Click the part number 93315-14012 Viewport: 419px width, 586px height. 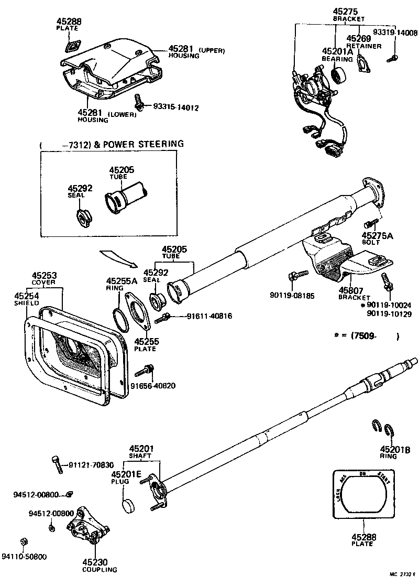(x=176, y=107)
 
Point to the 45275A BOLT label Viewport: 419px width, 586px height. (x=377, y=239)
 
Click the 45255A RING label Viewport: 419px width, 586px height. (x=122, y=284)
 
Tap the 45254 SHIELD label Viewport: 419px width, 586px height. (x=27, y=299)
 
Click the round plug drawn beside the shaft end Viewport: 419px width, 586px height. (x=128, y=506)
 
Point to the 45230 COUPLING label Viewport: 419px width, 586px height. (x=99, y=565)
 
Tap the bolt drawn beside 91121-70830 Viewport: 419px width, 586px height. (x=57, y=464)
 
